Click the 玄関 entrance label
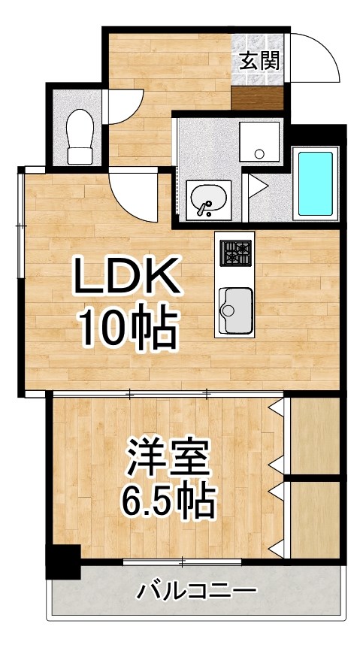point(259,61)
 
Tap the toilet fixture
point(79,136)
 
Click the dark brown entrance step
point(257,98)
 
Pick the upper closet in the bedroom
point(314,437)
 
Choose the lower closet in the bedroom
point(314,519)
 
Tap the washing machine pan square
point(259,141)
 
